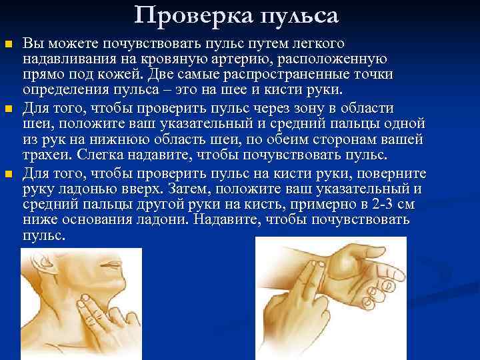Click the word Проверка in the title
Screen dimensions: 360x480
(x=181, y=15)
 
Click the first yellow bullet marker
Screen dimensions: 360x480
(x=9, y=45)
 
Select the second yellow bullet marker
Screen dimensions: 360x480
(x=9, y=109)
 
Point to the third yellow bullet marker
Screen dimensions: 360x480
(x=9, y=174)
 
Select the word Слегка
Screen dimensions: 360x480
(x=99, y=155)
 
